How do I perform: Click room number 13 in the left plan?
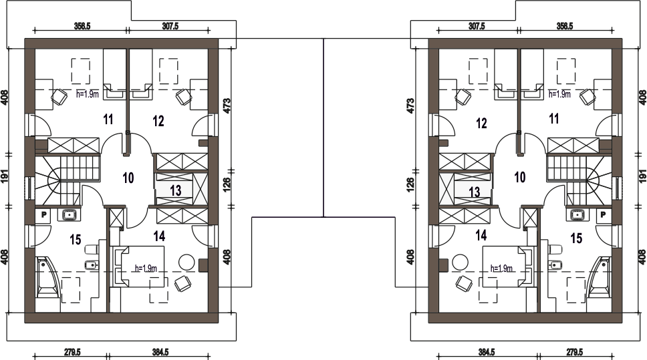pyautogui.click(x=175, y=190)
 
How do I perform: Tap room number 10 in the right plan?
pyautogui.click(x=520, y=177)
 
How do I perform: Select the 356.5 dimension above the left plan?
pyautogui.click(x=82, y=26)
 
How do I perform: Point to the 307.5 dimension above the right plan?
pyautogui.click(x=477, y=26)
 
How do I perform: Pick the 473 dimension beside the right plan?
pyautogui.click(x=410, y=106)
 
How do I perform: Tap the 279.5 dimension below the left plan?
pyautogui.click(x=72, y=352)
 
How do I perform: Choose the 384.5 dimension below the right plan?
pyautogui.click(x=487, y=352)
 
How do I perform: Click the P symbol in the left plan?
pyautogui.click(x=43, y=215)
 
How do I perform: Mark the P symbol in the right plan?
pyautogui.click(x=603, y=215)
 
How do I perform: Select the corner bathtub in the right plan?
pyautogui.click(x=599, y=277)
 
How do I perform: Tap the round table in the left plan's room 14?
pyautogui.click(x=186, y=261)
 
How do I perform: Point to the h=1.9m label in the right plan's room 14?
pyautogui.click(x=501, y=268)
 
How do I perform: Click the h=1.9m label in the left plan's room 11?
pyautogui.click(x=88, y=94)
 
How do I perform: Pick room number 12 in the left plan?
pyautogui.click(x=158, y=122)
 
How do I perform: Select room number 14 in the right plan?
pyautogui.click(x=481, y=236)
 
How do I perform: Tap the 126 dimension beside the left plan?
pyautogui.click(x=227, y=186)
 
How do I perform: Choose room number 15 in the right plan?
pyautogui.click(x=576, y=238)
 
